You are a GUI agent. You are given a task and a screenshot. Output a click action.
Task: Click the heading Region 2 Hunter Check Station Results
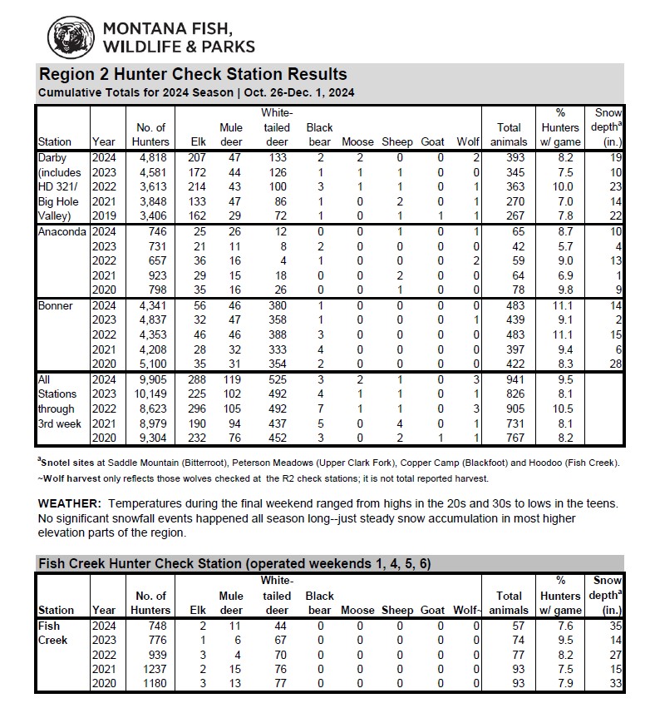pyautogui.click(x=193, y=74)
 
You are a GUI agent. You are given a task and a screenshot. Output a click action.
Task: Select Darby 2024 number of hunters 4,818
pyautogui.click(x=152, y=156)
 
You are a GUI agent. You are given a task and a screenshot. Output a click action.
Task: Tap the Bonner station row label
pyautogui.click(x=56, y=306)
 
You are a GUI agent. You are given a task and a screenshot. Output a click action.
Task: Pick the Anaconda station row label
pyautogui.click(x=62, y=231)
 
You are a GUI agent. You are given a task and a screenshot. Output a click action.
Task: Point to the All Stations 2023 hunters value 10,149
pyautogui.click(x=150, y=394)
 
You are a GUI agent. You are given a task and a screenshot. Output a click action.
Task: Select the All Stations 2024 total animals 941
pyautogui.click(x=514, y=379)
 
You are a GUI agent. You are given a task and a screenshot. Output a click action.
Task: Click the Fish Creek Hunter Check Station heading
pyautogui.click(x=234, y=563)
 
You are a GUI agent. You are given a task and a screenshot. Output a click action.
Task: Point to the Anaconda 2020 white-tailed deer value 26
pyautogui.click(x=280, y=290)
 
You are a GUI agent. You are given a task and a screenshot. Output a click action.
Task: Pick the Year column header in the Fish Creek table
pyautogui.click(x=104, y=610)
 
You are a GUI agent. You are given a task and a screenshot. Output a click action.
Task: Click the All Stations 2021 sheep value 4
pyautogui.click(x=400, y=423)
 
